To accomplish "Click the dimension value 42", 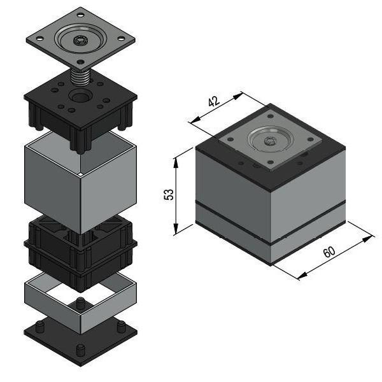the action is click(x=214, y=101).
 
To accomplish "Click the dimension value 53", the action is click(x=169, y=194).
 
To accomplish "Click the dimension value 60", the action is click(x=329, y=252).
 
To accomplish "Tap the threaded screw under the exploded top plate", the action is click(x=80, y=76).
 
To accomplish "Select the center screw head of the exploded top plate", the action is click(x=80, y=41).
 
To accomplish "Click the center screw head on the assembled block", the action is click(x=270, y=141).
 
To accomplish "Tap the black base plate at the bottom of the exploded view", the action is click(x=80, y=341).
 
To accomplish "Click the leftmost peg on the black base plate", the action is click(x=40, y=327).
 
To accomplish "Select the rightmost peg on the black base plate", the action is click(x=122, y=327).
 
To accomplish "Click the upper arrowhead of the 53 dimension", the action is click(x=176, y=163).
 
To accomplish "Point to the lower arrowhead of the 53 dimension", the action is click(x=176, y=229).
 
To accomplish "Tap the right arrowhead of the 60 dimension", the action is click(x=367, y=239).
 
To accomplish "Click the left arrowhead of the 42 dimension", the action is click(x=195, y=120).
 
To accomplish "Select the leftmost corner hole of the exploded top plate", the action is click(x=39, y=38).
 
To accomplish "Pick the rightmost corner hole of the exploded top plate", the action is click(x=121, y=38).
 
